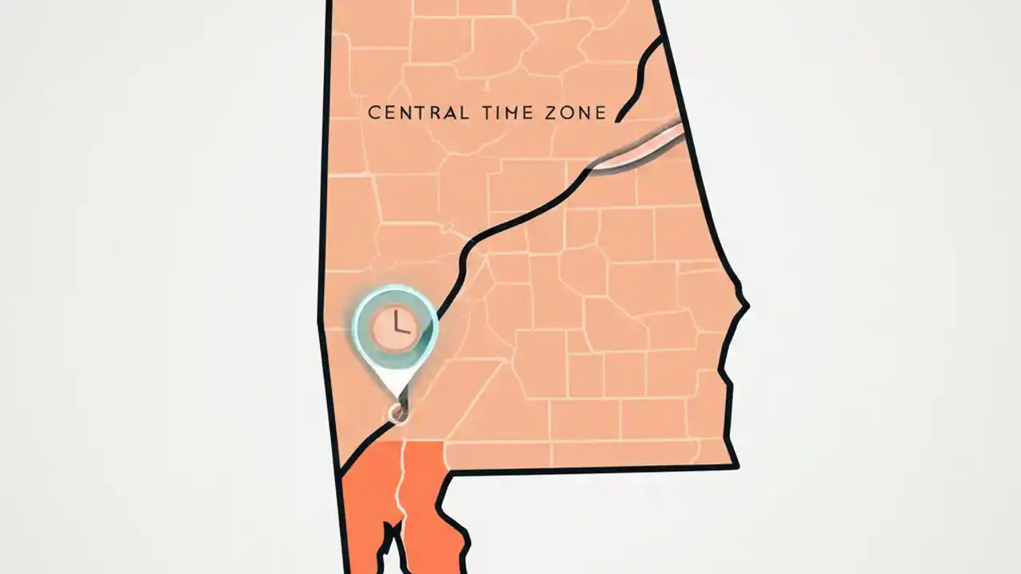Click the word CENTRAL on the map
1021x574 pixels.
418,113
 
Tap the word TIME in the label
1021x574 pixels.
511,113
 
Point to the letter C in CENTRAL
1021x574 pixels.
373,113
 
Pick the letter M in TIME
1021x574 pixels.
519,113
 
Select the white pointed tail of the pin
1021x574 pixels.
396,387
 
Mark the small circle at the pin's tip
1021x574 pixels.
396,413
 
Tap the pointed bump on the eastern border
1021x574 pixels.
745,304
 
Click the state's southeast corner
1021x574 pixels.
735,466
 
